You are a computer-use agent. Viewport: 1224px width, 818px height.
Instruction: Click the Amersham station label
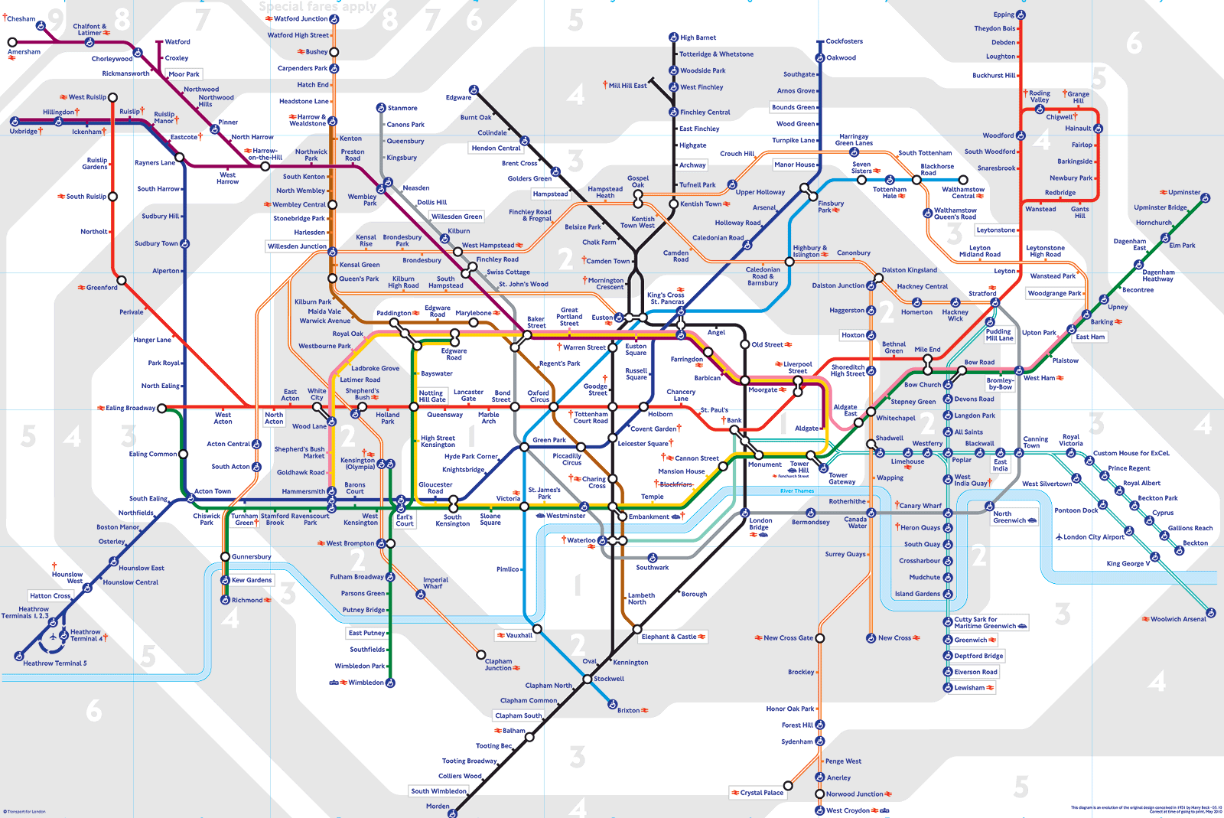pyautogui.click(x=24, y=52)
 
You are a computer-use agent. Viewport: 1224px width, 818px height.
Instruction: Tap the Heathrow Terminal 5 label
pyautogui.click(x=55, y=663)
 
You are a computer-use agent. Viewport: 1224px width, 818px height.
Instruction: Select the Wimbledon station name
pyautogui.click(x=366, y=683)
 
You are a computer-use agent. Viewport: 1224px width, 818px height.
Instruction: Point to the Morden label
pyautogui.click(x=438, y=806)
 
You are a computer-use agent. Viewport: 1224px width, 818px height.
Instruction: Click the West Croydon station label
pyautogui.click(x=848, y=810)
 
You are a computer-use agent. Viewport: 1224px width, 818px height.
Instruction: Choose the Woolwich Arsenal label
pyautogui.click(x=1178, y=619)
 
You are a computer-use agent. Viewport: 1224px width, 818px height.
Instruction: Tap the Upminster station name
pyautogui.click(x=1184, y=192)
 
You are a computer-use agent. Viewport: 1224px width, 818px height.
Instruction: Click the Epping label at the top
pyautogui.click(x=1004, y=15)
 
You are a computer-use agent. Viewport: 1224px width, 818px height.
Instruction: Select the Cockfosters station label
pyautogui.click(x=844, y=41)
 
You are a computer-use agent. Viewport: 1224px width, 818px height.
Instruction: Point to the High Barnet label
pyautogui.click(x=698, y=37)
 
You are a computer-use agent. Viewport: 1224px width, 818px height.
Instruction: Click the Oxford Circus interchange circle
pyautogui.click(x=554, y=407)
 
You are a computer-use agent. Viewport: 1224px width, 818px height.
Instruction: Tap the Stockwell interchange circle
pyautogui.click(x=588, y=679)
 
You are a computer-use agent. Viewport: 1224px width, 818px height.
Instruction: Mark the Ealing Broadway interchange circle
pyautogui.click(x=161, y=408)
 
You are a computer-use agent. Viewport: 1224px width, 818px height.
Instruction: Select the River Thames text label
pyautogui.click(x=796, y=491)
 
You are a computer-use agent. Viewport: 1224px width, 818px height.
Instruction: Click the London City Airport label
pyautogui.click(x=1093, y=537)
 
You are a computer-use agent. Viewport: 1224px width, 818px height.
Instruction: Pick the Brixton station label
pyautogui.click(x=629, y=710)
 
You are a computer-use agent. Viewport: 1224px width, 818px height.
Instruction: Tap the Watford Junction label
pyautogui.click(x=301, y=18)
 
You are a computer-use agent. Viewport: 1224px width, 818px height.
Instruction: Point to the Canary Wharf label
pyautogui.click(x=920, y=506)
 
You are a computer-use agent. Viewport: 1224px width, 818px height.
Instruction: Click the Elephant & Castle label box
pyautogui.click(x=669, y=637)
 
